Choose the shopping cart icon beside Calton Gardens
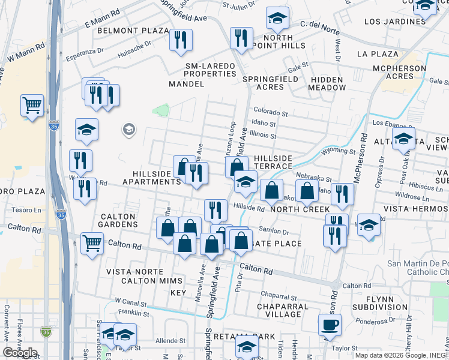point(92,244)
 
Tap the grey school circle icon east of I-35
point(128,129)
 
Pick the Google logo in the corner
point(20,353)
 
